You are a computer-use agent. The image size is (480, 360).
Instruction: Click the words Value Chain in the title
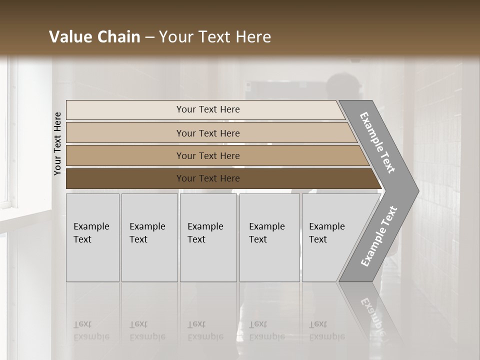(94, 37)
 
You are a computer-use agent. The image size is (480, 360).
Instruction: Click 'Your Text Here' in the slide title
(215, 37)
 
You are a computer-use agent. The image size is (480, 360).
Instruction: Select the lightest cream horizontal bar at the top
(125, 109)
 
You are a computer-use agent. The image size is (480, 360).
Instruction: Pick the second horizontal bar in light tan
(125, 133)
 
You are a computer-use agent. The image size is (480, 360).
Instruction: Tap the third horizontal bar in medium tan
(125, 155)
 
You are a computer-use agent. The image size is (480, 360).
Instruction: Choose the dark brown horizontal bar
(125, 178)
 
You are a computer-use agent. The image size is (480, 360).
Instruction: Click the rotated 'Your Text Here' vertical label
(57, 143)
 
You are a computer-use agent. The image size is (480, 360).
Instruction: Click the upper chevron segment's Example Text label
(377, 142)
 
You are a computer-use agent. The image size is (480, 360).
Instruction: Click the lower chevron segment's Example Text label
(378, 236)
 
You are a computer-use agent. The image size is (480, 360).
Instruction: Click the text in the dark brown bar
(208, 178)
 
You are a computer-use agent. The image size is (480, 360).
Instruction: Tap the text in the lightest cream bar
(208, 109)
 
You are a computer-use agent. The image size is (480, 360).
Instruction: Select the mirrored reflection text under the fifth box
(326, 330)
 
